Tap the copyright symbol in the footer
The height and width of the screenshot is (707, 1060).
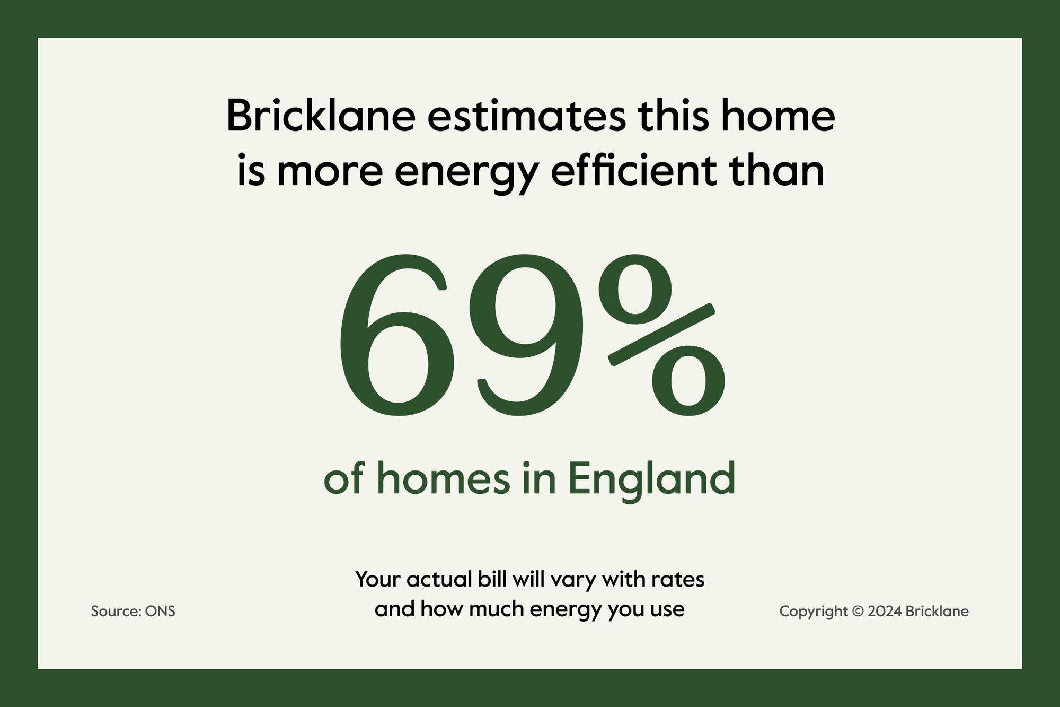coord(858,612)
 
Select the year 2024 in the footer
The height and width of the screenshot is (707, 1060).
coord(885,612)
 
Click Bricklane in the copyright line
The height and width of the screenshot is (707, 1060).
coord(937,612)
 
